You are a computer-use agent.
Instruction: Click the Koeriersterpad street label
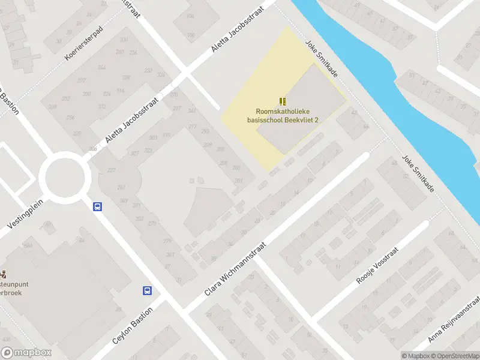point(84,44)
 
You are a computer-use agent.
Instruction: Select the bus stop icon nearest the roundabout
point(97,206)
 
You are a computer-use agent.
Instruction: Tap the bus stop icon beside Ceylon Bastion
point(147,291)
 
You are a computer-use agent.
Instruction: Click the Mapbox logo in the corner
point(26,353)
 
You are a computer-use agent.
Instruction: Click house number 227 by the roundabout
point(111,170)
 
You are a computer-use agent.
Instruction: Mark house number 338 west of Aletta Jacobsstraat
point(52,107)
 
